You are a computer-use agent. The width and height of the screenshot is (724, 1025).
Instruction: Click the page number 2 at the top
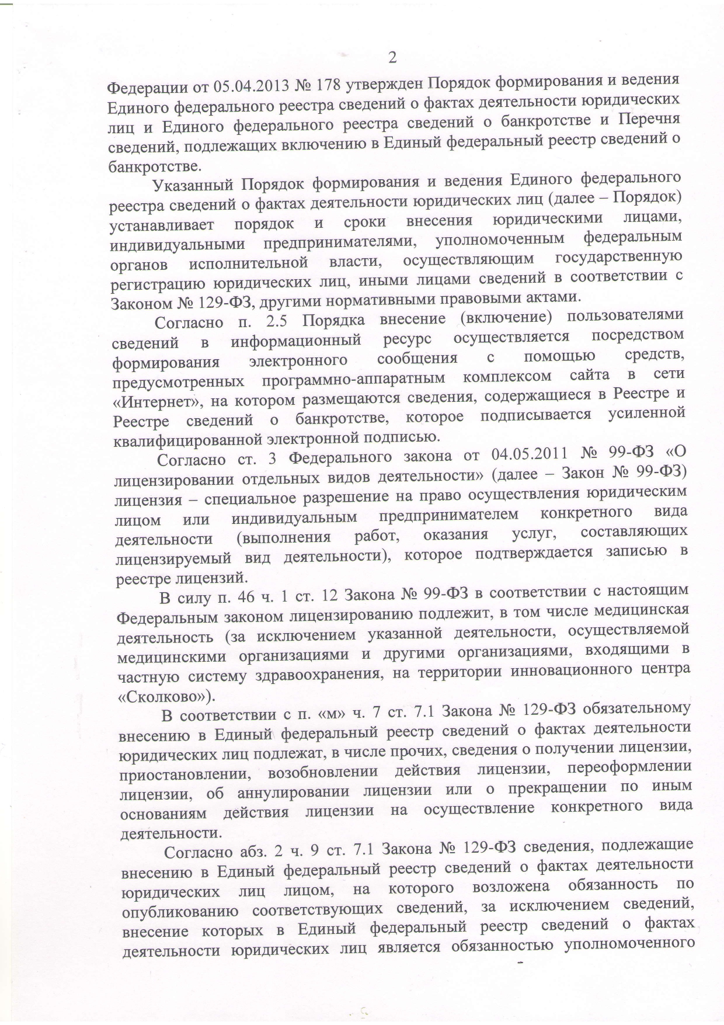pyautogui.click(x=392, y=57)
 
